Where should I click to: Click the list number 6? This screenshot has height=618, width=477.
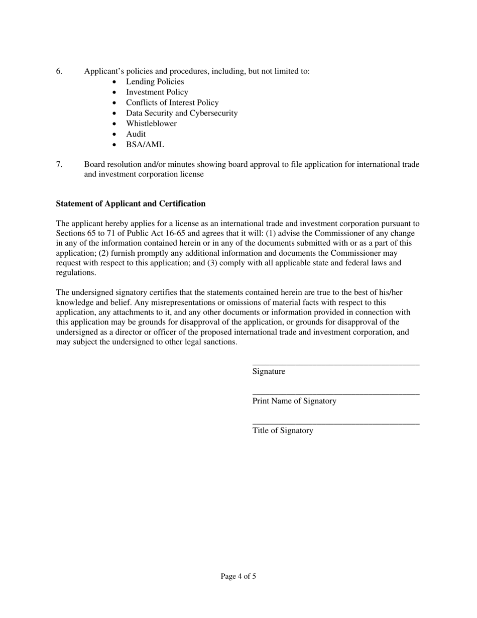59,71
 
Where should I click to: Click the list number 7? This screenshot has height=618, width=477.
59,164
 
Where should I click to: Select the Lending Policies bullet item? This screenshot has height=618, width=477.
155,82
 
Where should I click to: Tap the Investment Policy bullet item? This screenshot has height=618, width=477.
157,92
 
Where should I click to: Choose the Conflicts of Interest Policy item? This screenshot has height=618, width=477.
172,102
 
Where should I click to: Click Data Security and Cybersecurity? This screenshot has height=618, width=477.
182,113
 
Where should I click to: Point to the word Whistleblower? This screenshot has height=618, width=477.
151,124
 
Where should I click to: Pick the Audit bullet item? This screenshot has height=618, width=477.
136,134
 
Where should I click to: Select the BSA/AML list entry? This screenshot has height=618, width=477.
145,145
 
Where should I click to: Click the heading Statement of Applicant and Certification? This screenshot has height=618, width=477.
131,204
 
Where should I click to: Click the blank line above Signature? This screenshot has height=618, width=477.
335,364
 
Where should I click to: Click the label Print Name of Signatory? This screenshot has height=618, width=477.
294,401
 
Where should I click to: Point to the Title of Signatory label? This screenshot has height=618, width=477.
283,431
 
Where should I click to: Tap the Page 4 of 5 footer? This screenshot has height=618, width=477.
238,576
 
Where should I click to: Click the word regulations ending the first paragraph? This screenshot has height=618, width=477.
75,273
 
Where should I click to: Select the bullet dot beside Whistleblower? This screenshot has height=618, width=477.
115,124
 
